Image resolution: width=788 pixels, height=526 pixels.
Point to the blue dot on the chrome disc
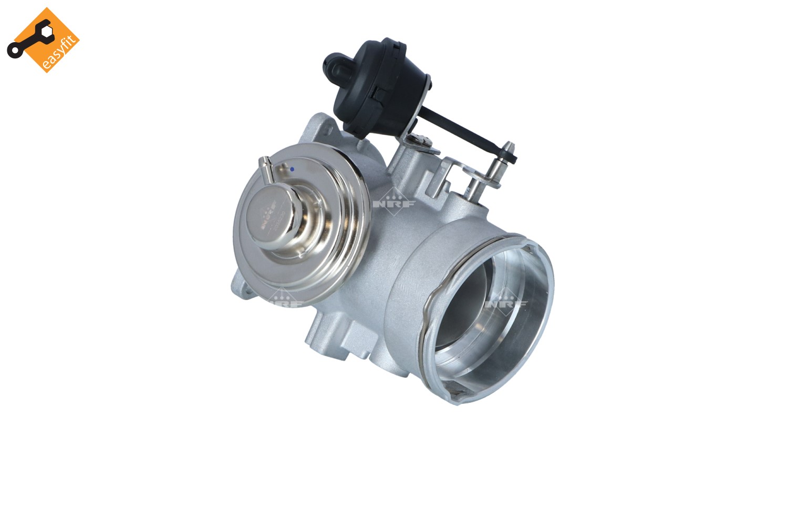292,169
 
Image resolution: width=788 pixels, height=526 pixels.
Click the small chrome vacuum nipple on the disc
266,171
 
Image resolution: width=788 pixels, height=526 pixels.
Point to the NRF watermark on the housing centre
394,202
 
